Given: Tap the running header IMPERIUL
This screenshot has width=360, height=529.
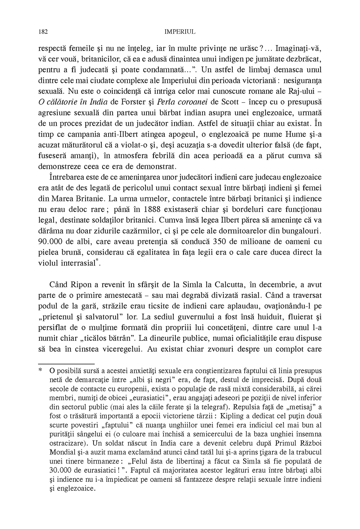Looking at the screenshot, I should pos(180,32).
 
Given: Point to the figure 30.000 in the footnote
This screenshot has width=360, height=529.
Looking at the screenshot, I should pos(62,470).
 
